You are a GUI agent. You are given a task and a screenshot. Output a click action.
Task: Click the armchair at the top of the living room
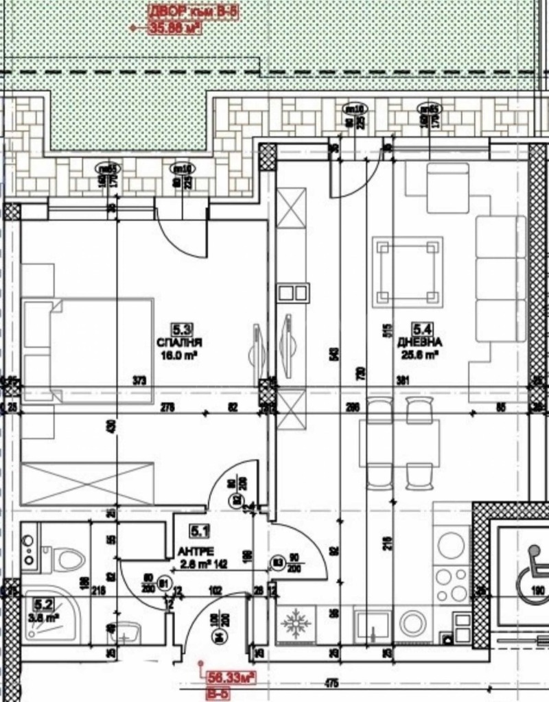(x=447, y=187)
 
